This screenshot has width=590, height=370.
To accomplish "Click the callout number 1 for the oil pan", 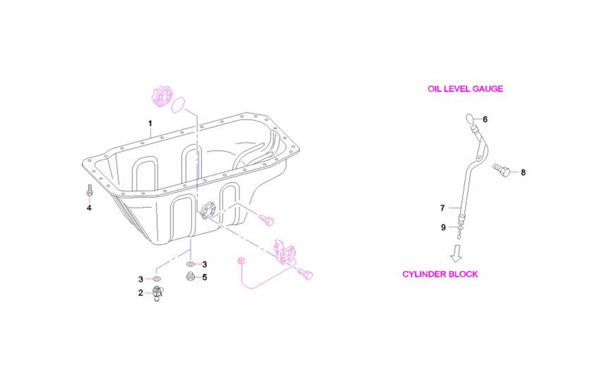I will (150, 123).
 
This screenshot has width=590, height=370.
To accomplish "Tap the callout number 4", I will (89, 207).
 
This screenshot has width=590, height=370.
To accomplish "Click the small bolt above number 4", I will (89, 191).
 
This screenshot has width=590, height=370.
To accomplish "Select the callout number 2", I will (141, 293).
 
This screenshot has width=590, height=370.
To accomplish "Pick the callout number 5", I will (205, 277).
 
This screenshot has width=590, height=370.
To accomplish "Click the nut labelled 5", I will (190, 277).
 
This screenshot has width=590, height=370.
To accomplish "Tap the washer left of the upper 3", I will (191, 264).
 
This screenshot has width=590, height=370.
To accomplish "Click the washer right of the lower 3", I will (155, 278).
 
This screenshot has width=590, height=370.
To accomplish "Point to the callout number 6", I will (485, 119).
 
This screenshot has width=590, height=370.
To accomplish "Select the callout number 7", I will (442, 208).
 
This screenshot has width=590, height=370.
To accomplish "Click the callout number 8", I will (523, 172).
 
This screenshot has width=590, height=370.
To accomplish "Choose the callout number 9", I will (444, 227).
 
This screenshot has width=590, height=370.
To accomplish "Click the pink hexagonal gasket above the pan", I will (179, 104).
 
